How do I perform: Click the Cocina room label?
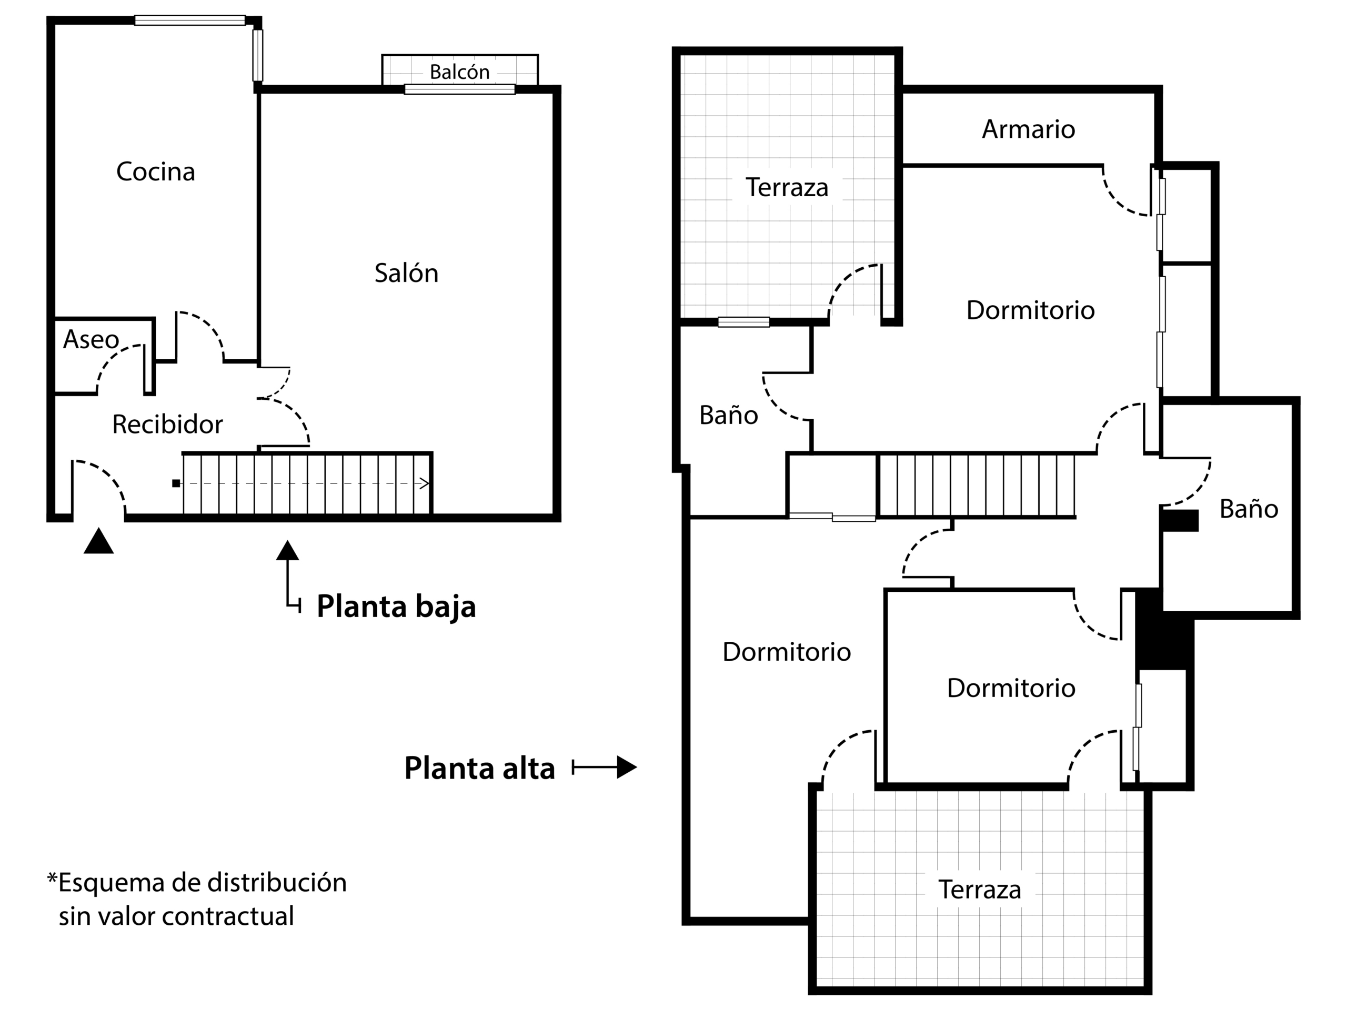pos(155,171)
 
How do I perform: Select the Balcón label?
pos(459,72)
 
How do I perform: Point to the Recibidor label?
pos(167,425)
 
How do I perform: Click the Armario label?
pos(1028,129)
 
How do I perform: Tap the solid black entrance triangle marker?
pos(98,541)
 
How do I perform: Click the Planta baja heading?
pos(396,607)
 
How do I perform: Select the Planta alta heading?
pos(479,769)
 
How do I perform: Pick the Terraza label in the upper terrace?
pos(787,187)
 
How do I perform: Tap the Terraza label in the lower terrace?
pos(979,890)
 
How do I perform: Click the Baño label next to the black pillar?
pos(1249,509)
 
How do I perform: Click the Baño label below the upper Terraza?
pos(728,415)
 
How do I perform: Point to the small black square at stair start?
pos(176,483)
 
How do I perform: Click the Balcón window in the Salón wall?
pos(459,89)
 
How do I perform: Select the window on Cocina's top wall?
pos(190,20)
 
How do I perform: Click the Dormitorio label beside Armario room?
pos(1030,310)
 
